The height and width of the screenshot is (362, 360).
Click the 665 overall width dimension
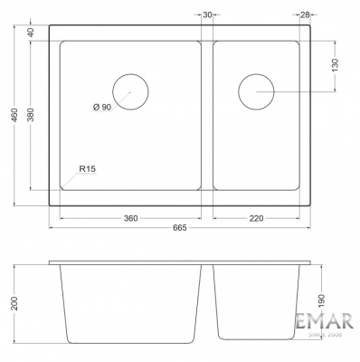(x=180, y=227)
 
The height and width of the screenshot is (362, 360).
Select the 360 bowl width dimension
(x=130, y=218)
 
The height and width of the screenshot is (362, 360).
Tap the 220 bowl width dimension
(x=256, y=218)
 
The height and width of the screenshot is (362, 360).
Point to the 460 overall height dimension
(x=15, y=115)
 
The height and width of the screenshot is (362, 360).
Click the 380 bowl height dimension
(x=32, y=114)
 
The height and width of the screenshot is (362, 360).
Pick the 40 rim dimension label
(x=31, y=32)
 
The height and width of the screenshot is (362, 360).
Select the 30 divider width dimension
(x=207, y=14)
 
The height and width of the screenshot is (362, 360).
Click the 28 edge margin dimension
(x=305, y=14)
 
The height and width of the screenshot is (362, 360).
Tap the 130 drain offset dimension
(x=335, y=65)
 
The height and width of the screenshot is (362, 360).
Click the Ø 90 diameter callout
(x=102, y=107)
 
